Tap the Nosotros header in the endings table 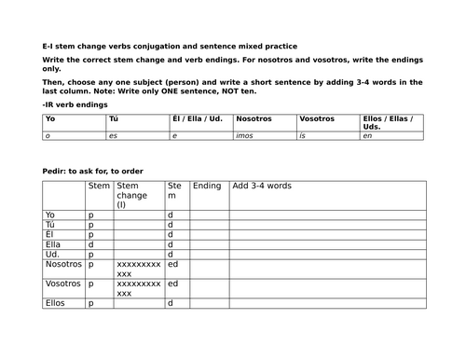(254, 119)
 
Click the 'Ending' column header (206, 186)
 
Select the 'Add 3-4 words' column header (262, 186)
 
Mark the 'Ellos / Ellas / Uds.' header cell (390, 122)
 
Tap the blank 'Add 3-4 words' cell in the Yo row (326, 215)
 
